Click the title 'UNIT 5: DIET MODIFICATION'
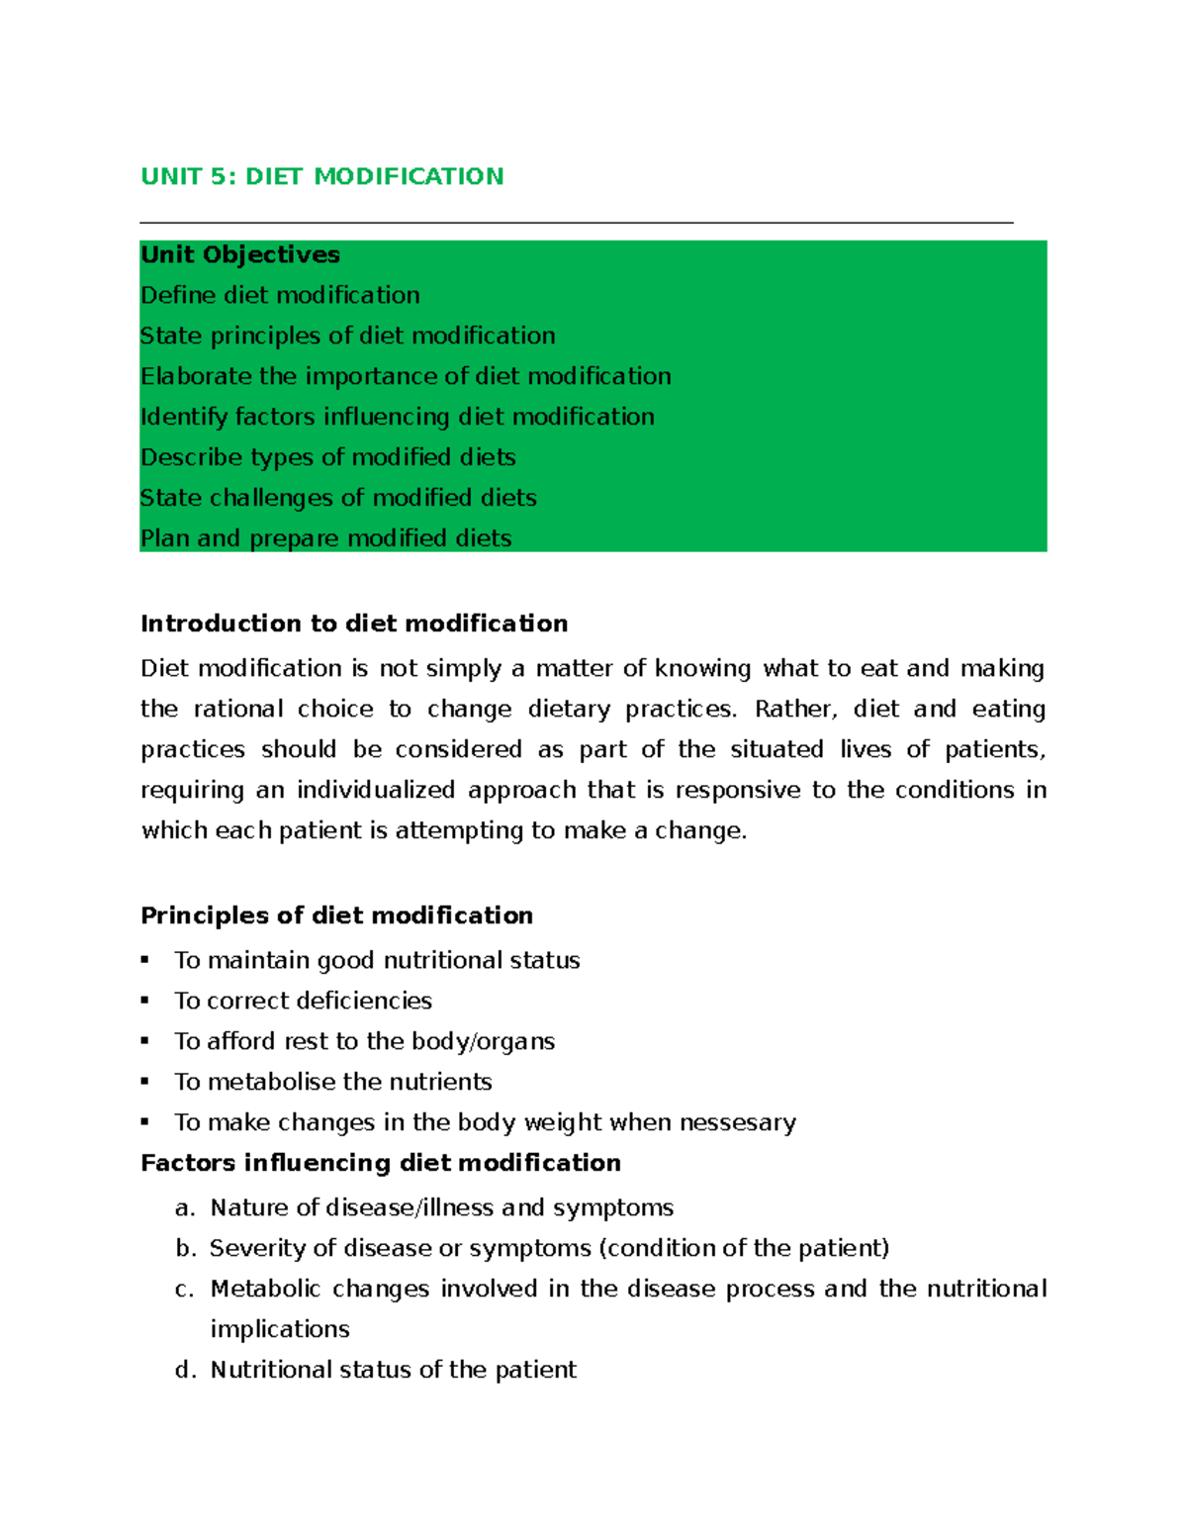click(321, 176)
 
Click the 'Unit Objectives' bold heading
click(240, 255)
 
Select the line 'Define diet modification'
click(280, 296)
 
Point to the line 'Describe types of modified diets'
click(327, 457)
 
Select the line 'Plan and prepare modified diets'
click(325, 538)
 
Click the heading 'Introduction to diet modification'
click(354, 624)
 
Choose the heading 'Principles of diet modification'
click(336, 915)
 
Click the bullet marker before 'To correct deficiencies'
click(145, 1001)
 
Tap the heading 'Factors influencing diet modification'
click(381, 1163)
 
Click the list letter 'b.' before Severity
click(186, 1249)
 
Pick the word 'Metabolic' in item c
click(264, 1289)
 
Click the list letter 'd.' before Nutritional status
click(186, 1370)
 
